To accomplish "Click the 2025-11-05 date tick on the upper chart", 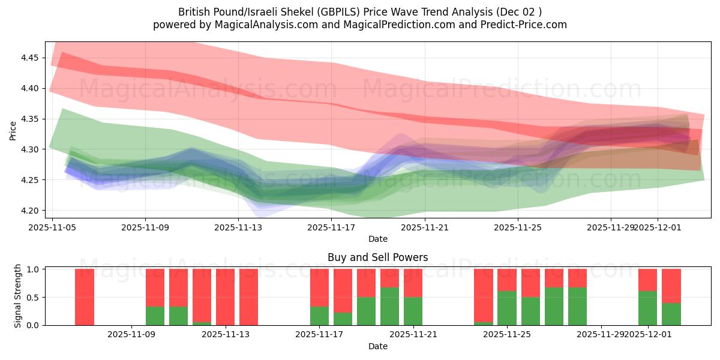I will pyautogui.click(x=52, y=227).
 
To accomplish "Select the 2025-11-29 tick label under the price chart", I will pyautogui.click(x=610, y=227).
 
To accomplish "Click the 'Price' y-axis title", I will pyautogui.click(x=13, y=130).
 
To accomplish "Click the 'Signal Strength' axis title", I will pyautogui.click(x=18, y=296).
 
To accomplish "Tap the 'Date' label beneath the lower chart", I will pyautogui.click(x=377, y=346).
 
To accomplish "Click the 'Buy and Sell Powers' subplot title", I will pyautogui.click(x=377, y=257).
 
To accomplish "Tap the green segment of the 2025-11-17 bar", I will pyautogui.click(x=319, y=316).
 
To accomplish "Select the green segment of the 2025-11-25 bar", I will pyautogui.click(x=507, y=308).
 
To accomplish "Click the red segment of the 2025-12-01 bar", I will pyautogui.click(x=647, y=280).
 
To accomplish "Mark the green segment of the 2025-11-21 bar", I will pyautogui.click(x=413, y=311).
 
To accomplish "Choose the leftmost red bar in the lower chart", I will pyautogui.click(x=85, y=297).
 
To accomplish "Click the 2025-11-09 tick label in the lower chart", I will pyautogui.click(x=131, y=335).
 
